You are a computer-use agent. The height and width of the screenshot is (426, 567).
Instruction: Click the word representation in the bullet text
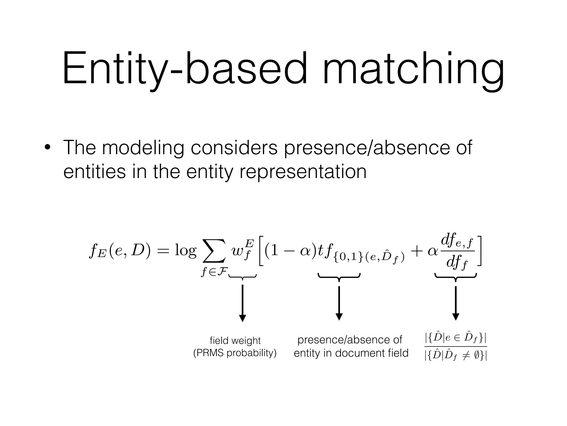(303, 172)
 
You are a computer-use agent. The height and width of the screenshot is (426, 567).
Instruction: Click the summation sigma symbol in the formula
(214, 251)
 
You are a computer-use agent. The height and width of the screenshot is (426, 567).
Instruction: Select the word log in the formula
(185, 251)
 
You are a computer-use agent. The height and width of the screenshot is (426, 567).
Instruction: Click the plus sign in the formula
(417, 251)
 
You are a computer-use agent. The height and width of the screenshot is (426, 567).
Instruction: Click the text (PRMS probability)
(235, 353)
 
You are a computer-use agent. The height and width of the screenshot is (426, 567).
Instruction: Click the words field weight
(235, 341)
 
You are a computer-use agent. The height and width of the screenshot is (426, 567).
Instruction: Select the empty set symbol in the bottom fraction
(477, 356)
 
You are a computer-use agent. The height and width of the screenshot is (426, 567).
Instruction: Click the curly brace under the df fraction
(456, 277)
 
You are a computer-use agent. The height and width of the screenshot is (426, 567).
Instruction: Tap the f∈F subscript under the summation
(215, 272)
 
